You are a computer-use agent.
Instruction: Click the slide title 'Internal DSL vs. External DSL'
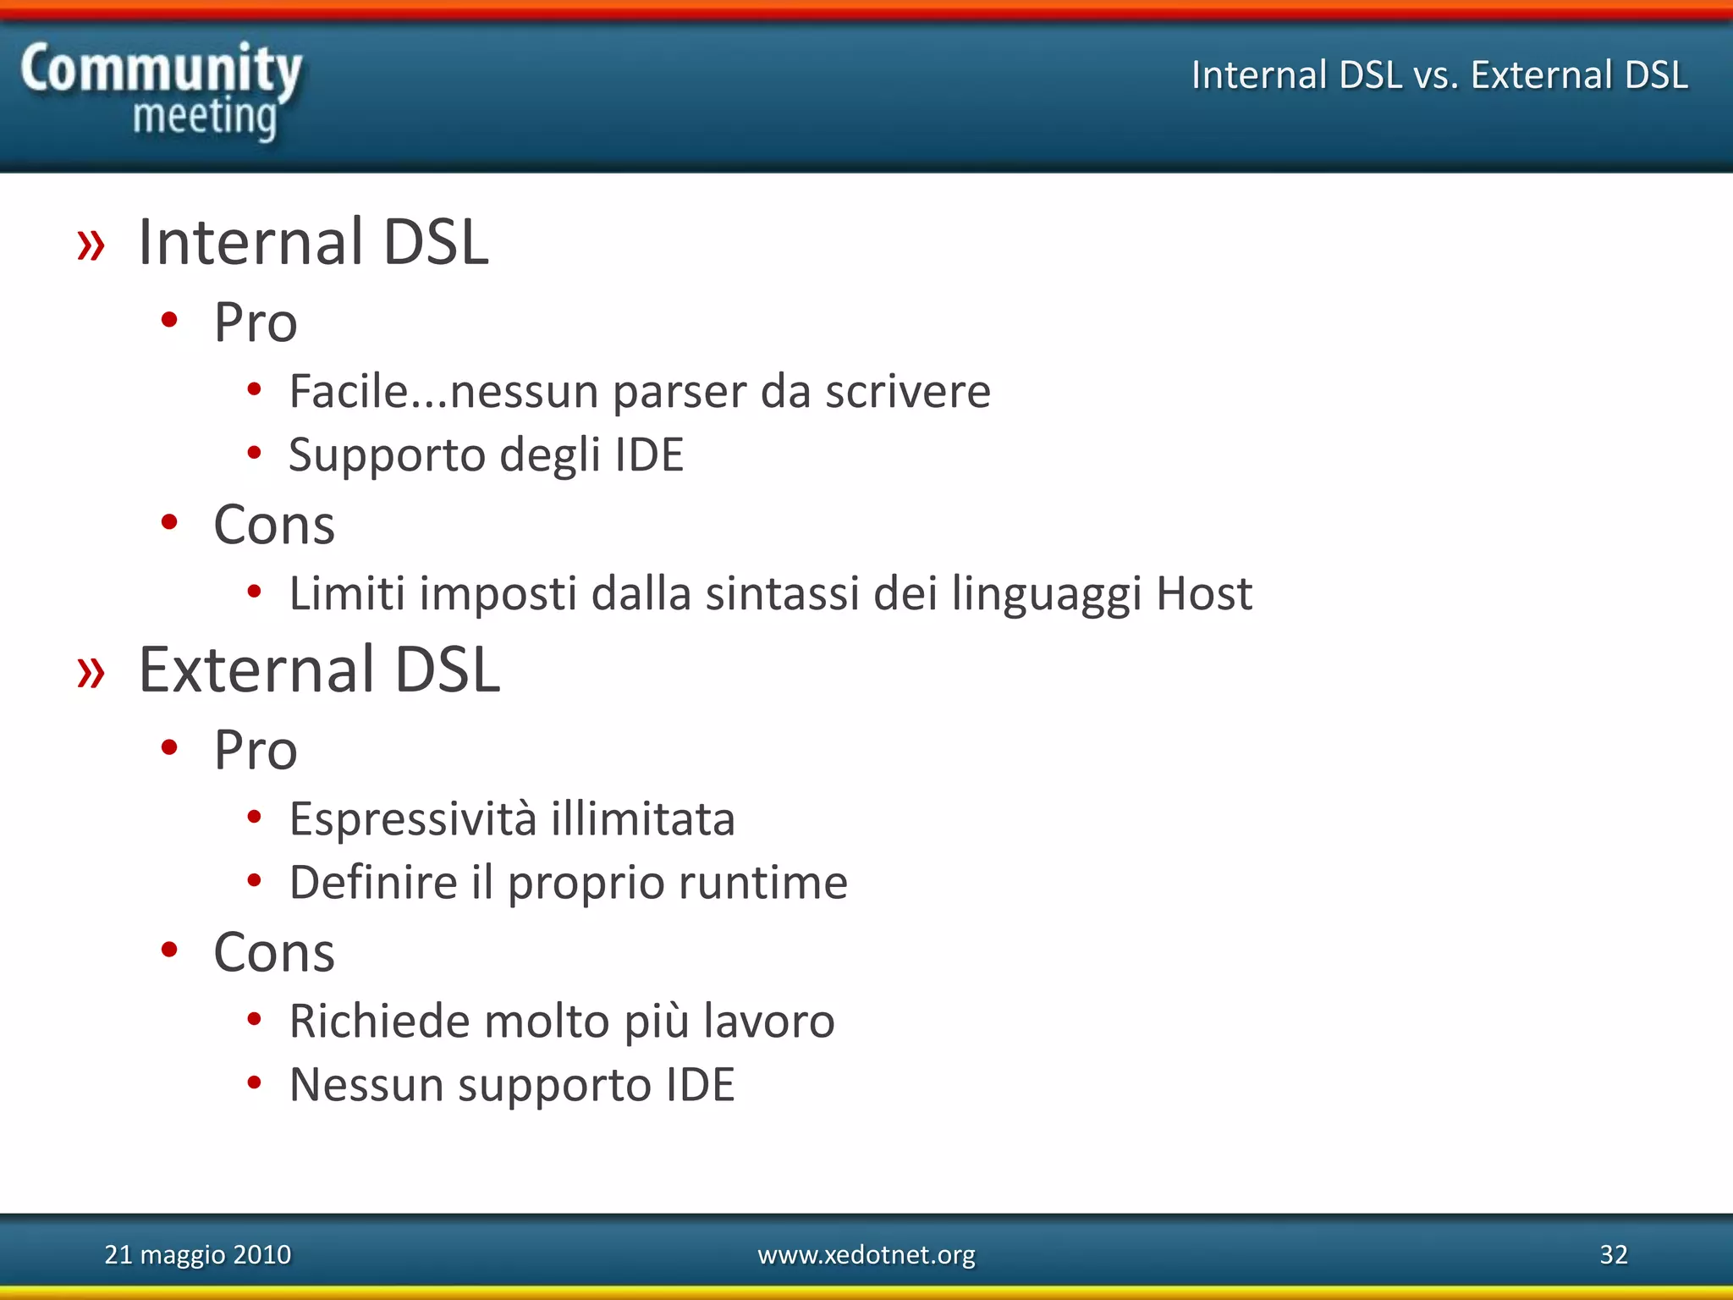click(x=1439, y=74)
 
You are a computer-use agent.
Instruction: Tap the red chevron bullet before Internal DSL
click(x=91, y=245)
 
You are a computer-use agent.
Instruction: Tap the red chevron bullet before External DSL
click(x=91, y=672)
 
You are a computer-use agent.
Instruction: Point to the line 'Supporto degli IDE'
click(x=486, y=455)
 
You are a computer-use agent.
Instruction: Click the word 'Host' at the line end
click(x=1203, y=593)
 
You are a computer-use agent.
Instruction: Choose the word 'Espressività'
click(x=413, y=819)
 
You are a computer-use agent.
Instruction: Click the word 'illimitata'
click(x=643, y=819)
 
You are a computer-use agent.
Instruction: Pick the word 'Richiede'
click(x=379, y=1021)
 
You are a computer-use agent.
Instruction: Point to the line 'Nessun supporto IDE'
click(x=512, y=1085)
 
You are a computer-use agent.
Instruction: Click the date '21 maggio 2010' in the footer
click(x=197, y=1254)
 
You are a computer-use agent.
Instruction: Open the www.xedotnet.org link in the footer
click(x=866, y=1254)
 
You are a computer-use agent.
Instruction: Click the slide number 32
click(x=1613, y=1254)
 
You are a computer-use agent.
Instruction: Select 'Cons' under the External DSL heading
click(x=274, y=953)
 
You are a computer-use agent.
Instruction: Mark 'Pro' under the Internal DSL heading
click(x=256, y=323)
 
